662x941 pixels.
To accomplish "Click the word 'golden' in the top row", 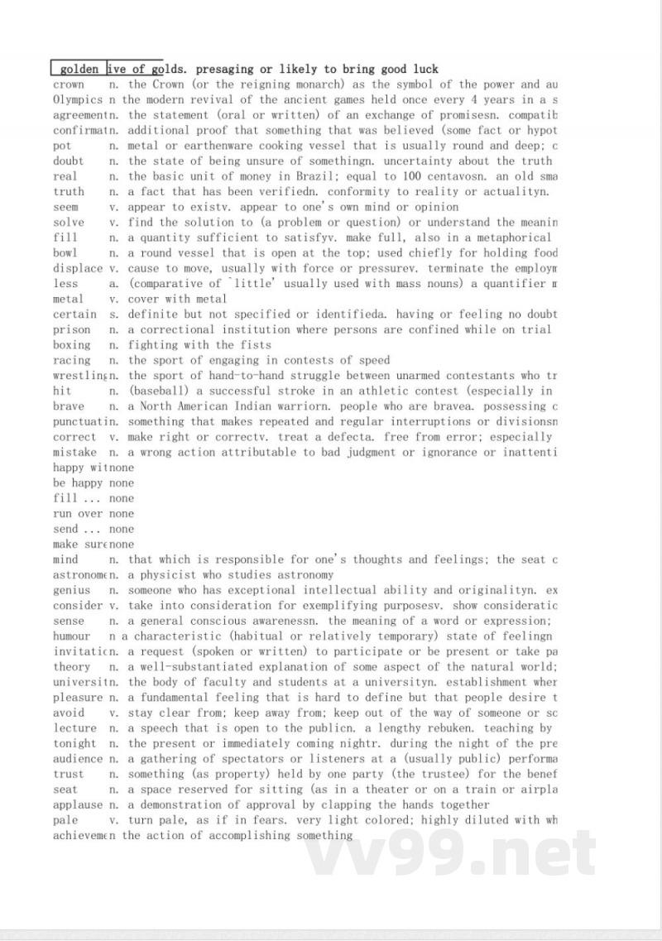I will click(x=79, y=70).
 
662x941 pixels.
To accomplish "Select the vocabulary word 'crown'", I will click(x=69, y=84).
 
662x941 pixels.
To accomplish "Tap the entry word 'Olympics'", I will click(x=78, y=100).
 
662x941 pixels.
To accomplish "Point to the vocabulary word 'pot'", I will click(x=62, y=146).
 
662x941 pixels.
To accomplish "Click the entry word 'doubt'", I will click(x=69, y=161).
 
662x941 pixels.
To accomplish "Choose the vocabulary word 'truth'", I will click(x=69, y=192).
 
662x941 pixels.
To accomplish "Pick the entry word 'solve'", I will click(x=69, y=223).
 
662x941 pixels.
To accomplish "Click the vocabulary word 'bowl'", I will click(x=65, y=253).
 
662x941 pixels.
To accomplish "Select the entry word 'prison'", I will click(x=72, y=329).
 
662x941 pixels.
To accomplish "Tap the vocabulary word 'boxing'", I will click(x=72, y=345).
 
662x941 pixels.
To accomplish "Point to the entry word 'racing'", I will click(x=72, y=361).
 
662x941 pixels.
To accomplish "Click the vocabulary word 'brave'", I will click(x=69, y=406).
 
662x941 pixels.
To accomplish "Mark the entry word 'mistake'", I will click(x=74, y=453).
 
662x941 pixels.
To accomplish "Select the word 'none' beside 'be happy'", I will click(x=121, y=483).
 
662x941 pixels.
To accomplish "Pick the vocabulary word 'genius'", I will click(x=72, y=591).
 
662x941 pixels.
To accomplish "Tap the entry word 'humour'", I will click(x=72, y=636).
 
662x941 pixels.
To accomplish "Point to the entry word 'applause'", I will click(x=78, y=804).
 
